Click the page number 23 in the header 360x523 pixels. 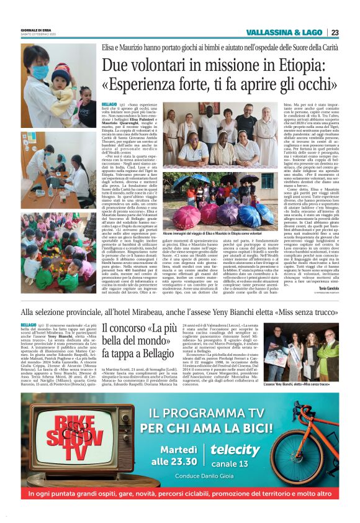(x=334, y=32)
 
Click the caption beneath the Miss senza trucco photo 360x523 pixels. (x=306, y=384)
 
